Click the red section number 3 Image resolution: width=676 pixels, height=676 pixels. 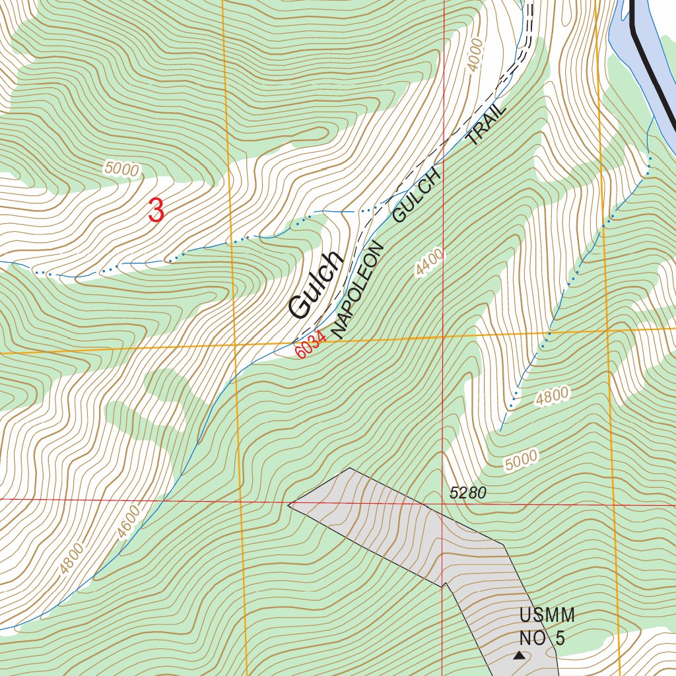156,211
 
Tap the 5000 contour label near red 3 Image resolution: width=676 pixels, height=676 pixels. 122,169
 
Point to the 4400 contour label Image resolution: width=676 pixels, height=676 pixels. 430,262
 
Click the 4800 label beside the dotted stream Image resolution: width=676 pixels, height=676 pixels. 552,397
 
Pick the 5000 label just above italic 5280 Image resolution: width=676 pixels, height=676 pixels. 522,460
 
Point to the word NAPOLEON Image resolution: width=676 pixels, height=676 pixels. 358,290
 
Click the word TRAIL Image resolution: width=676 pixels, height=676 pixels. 487,123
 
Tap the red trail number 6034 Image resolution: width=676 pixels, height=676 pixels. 310,345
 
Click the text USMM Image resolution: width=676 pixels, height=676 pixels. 547,616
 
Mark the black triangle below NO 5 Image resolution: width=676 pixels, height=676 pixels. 520,656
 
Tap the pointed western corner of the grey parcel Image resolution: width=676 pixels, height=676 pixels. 289,505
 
